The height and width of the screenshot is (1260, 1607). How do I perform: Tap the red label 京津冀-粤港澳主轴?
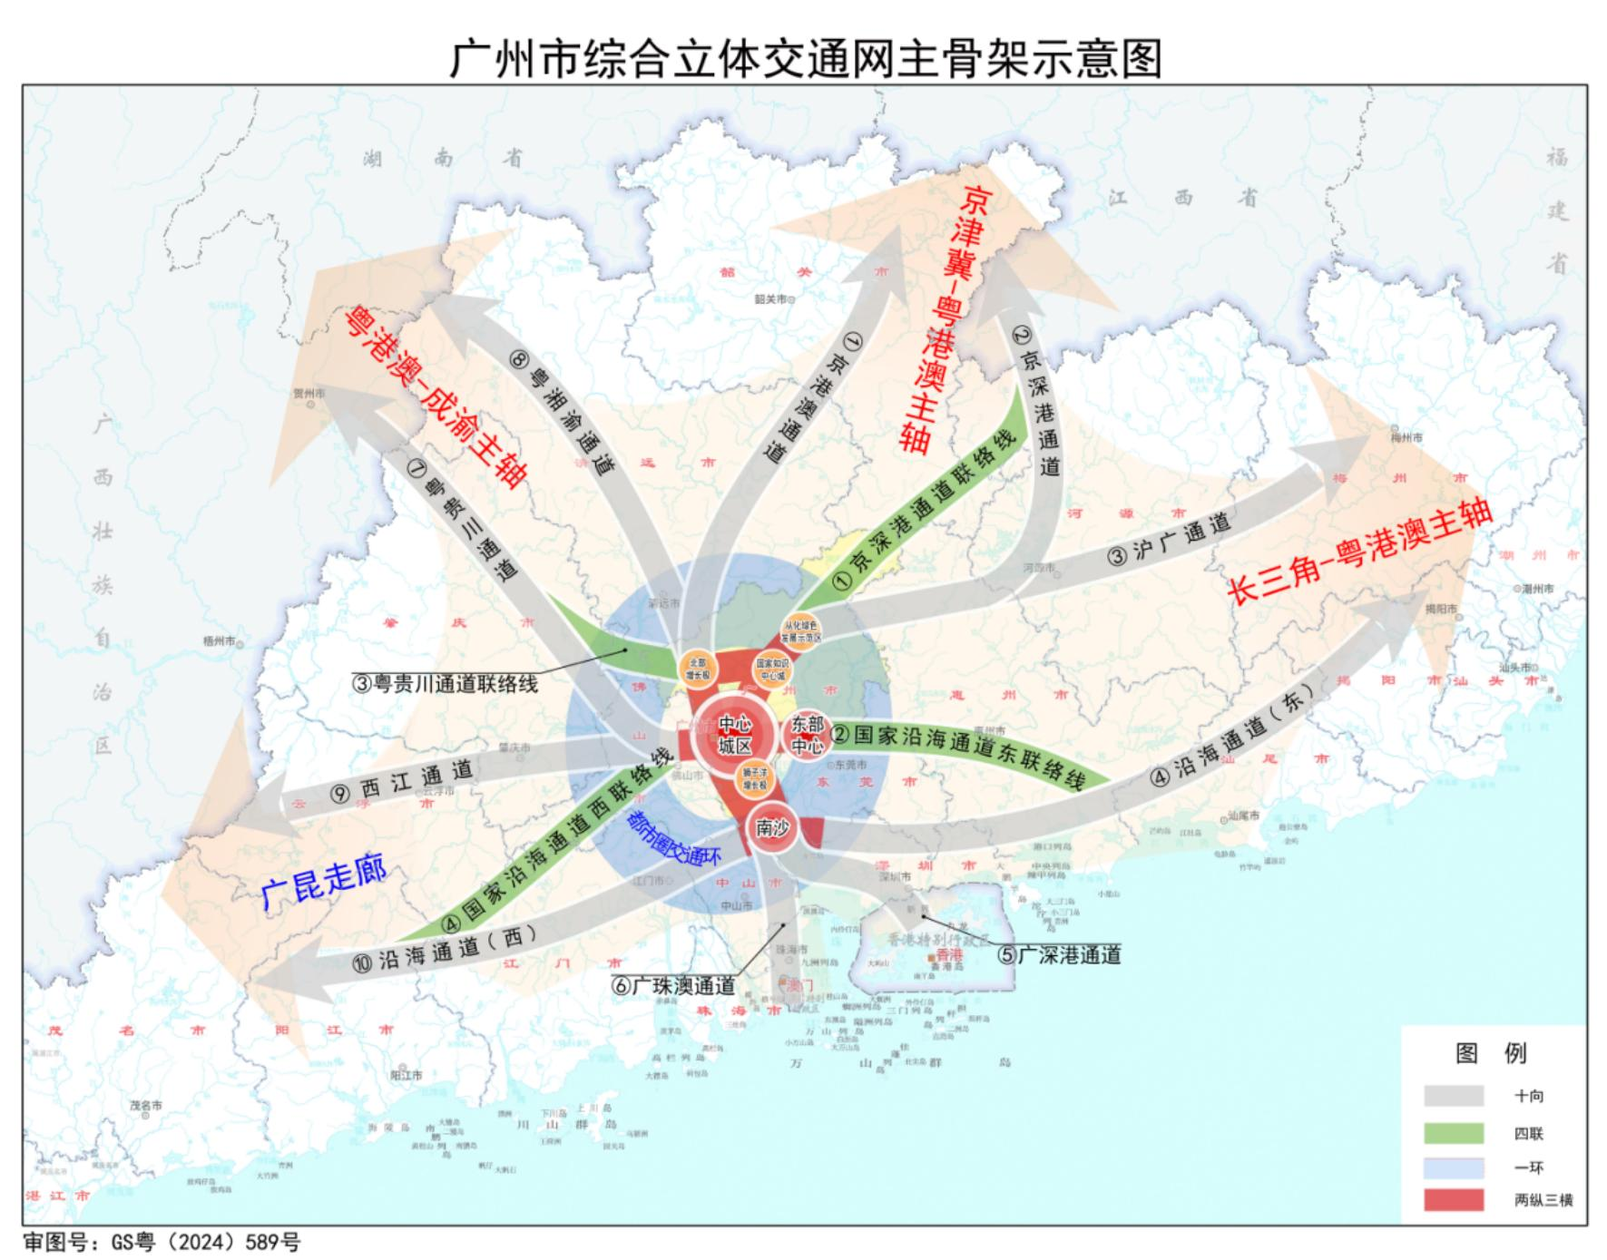point(945,317)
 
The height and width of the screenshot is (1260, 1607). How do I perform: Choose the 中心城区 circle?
point(735,736)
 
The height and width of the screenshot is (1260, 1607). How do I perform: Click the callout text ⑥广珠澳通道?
point(672,986)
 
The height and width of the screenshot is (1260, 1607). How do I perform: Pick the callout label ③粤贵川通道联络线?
point(445,683)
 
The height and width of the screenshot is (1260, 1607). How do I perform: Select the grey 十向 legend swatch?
point(1454,1096)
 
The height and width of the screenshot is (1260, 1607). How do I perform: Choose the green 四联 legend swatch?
point(1454,1132)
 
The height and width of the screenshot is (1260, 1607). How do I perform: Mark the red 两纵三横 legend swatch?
point(1454,1199)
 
